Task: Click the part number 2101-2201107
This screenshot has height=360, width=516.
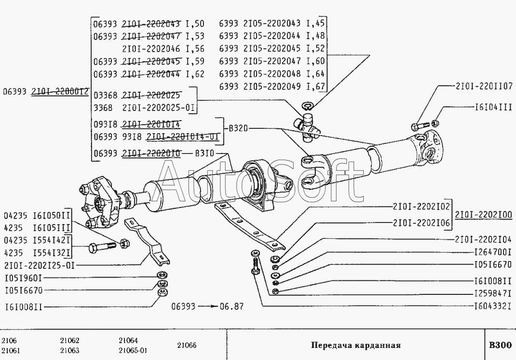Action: pos(484,86)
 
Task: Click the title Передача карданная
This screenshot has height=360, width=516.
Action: pos(356,346)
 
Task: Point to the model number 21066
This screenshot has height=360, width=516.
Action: pos(186,345)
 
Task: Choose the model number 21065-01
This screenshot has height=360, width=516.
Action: pos(133,350)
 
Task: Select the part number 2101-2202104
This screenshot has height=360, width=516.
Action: pos(484,239)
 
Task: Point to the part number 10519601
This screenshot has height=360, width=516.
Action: pos(24,278)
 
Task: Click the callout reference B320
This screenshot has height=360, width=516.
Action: pos(238,128)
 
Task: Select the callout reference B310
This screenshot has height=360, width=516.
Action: pos(204,154)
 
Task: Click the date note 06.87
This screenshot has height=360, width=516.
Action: pos(232,306)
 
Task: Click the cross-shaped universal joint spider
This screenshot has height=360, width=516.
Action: pos(307,127)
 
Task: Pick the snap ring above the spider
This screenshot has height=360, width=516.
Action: pos(307,106)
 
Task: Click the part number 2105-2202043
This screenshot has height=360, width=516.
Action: pos(272,24)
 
